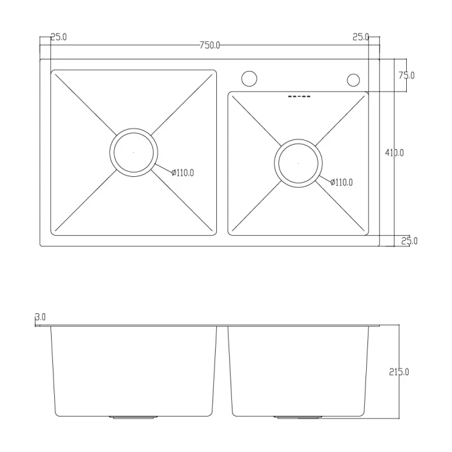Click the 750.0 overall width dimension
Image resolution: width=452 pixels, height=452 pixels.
(210, 46)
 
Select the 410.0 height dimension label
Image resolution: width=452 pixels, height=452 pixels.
(395, 153)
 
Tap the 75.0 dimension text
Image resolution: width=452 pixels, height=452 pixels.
(406, 76)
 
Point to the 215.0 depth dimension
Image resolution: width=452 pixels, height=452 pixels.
(399, 372)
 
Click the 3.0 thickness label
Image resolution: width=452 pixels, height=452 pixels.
(40, 317)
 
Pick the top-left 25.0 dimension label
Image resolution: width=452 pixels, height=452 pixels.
(59, 37)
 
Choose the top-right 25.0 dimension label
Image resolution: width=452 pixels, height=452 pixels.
(360, 37)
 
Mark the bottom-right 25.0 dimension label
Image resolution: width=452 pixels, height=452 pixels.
(409, 241)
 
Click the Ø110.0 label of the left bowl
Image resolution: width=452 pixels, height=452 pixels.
(183, 173)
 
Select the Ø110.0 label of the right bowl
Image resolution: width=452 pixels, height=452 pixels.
(342, 183)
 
